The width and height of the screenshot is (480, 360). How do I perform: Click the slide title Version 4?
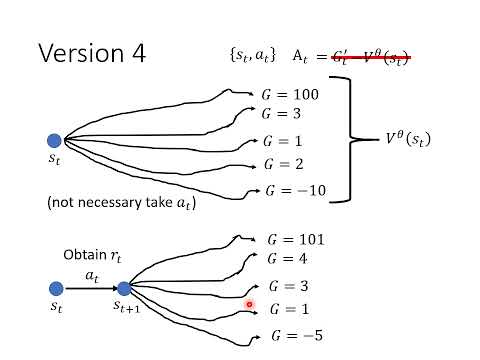pos(91,53)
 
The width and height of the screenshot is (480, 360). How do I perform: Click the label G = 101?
pos(297,240)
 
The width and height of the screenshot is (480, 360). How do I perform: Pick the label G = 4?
pos(290,263)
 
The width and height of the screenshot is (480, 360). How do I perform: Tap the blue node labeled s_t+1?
pos(124,288)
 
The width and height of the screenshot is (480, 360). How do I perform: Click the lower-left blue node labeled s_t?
pos(54,288)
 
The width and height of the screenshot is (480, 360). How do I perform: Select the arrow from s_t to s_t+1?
pos(88,288)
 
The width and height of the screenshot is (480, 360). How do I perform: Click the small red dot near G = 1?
pos(249,304)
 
